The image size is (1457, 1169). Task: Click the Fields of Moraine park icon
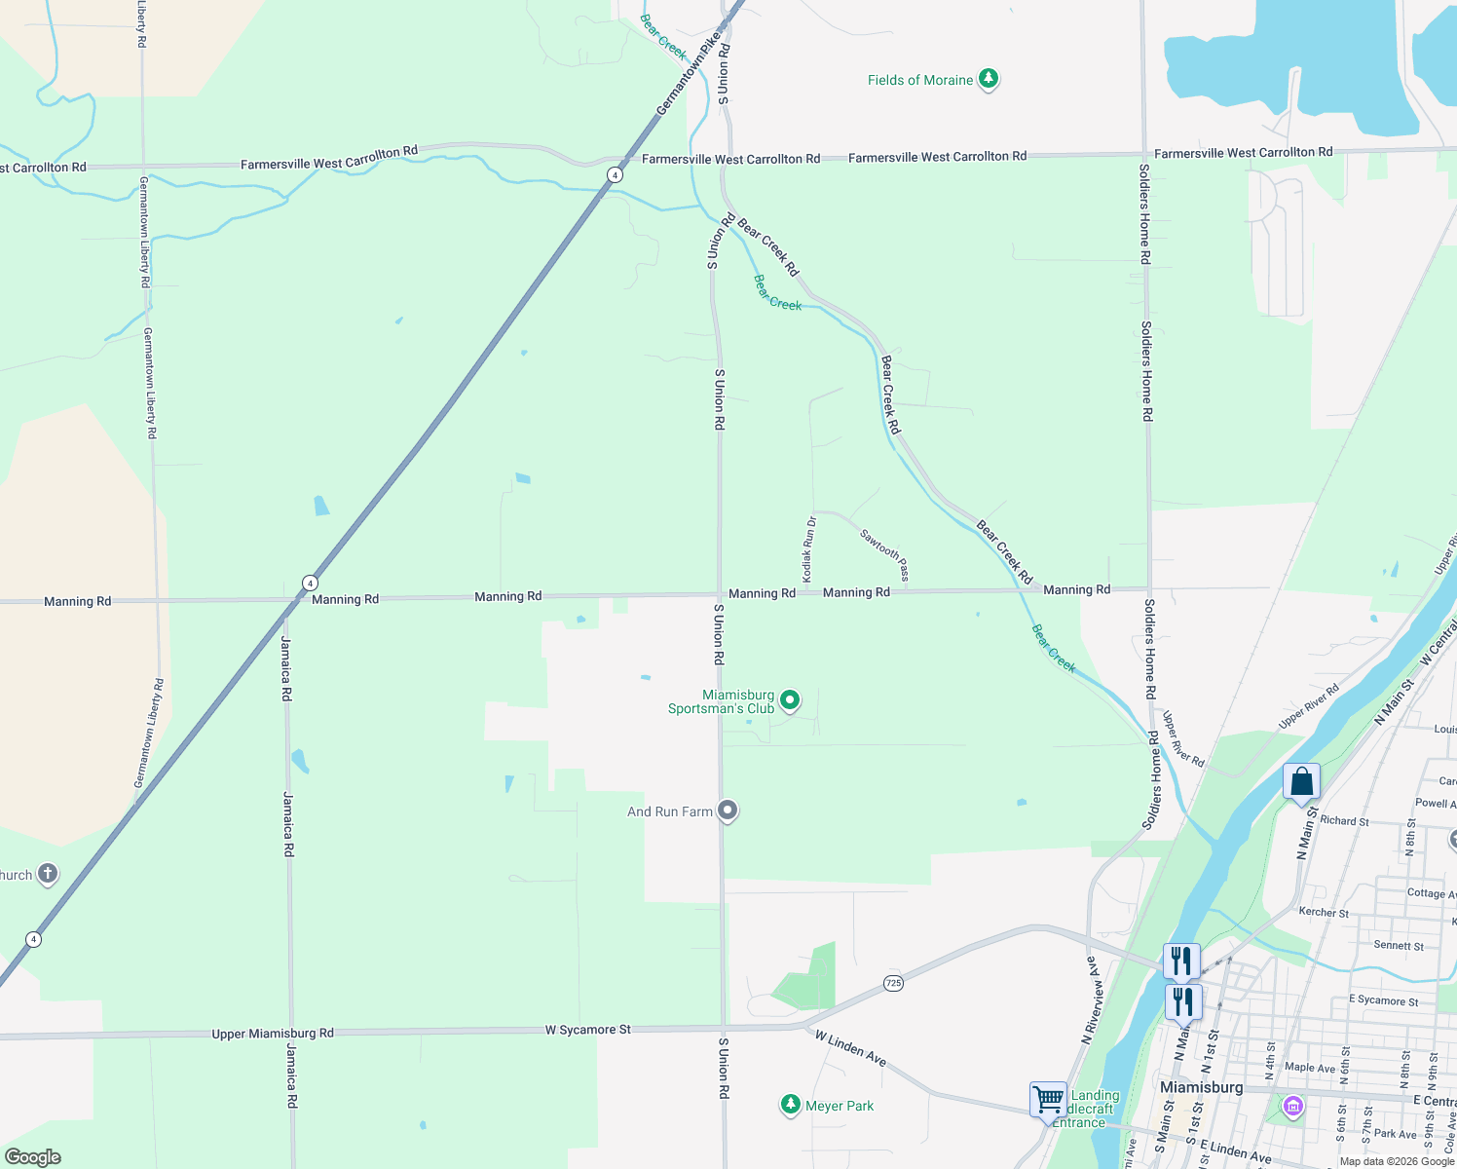pyautogui.click(x=989, y=79)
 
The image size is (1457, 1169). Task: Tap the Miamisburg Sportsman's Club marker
pyautogui.click(x=790, y=699)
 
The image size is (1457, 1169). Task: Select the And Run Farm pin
pyautogui.click(x=728, y=811)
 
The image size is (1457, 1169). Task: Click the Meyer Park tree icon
pyautogui.click(x=791, y=1105)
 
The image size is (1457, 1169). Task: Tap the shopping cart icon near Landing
pyautogui.click(x=1049, y=1100)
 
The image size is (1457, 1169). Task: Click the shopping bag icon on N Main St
pyautogui.click(x=1301, y=782)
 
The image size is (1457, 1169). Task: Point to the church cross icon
pyautogui.click(x=47, y=874)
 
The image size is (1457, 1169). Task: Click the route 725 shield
pyautogui.click(x=894, y=983)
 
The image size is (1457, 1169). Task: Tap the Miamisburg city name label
pyautogui.click(x=1201, y=1087)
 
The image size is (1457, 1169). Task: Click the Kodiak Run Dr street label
pyautogui.click(x=808, y=550)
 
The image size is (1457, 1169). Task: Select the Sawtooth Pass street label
pyautogui.click(x=884, y=554)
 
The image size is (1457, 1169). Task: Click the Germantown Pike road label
pyautogui.click(x=689, y=74)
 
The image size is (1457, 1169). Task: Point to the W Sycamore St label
pyautogui.click(x=587, y=1030)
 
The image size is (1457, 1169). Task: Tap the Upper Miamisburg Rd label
pyautogui.click(x=273, y=1034)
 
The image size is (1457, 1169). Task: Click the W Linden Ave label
pyautogui.click(x=850, y=1048)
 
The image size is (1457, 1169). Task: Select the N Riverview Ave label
pyautogui.click(x=1094, y=999)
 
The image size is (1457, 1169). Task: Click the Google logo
pyautogui.click(x=33, y=1157)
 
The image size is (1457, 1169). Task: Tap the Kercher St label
pyautogui.click(x=1324, y=913)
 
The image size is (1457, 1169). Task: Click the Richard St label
pyautogui.click(x=1344, y=821)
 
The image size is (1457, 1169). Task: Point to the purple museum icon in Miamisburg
pyautogui.click(x=1292, y=1107)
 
